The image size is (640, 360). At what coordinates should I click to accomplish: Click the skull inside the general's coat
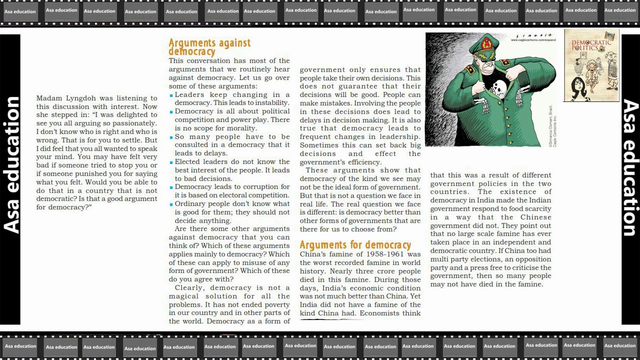coord(499,90)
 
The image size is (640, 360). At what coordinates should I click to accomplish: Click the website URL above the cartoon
coord(533,40)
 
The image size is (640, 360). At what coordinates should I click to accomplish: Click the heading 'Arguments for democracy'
coord(355,245)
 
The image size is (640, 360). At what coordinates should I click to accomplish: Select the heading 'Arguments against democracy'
coord(209,47)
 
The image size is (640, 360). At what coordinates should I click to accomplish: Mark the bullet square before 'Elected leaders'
coord(171,162)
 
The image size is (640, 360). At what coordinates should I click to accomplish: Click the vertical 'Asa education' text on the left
coord(11,165)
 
